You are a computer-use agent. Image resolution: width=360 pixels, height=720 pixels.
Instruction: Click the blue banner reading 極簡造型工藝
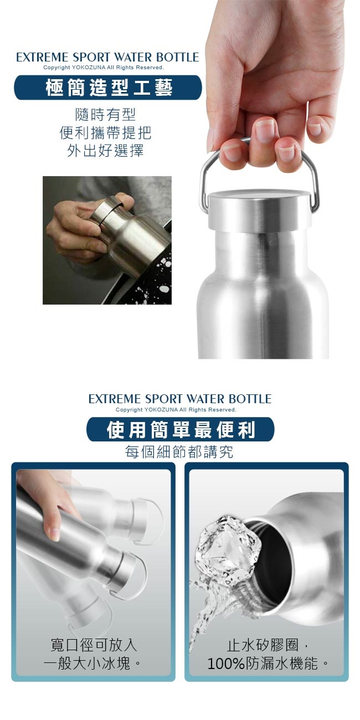108,88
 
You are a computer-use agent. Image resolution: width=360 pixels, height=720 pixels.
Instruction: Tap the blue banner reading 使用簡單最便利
181,429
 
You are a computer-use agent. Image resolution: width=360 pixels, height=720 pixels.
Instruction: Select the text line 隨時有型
105,115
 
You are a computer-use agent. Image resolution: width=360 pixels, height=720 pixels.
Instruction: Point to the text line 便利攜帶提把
105,132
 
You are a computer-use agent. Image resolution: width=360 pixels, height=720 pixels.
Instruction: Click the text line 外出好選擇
105,150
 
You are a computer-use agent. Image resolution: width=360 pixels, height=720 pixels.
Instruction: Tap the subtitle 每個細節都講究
179,452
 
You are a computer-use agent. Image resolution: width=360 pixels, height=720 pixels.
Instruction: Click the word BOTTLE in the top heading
178,57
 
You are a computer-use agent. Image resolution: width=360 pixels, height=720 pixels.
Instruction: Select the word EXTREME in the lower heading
115,399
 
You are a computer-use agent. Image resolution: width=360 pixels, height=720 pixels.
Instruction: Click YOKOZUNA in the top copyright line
87,68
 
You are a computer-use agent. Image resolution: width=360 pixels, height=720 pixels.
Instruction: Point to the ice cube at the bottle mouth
228,547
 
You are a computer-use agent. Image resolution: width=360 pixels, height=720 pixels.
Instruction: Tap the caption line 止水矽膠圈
263,645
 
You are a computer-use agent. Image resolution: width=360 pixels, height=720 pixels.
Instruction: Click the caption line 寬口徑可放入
94,645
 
